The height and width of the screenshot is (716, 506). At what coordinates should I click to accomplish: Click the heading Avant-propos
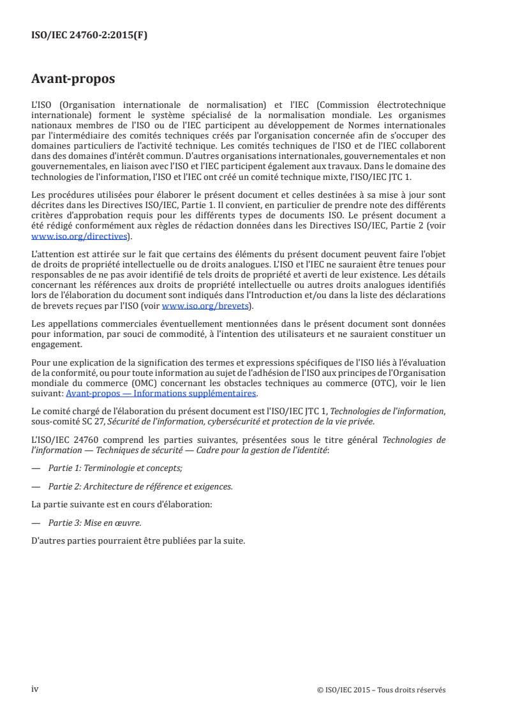[x=73, y=80]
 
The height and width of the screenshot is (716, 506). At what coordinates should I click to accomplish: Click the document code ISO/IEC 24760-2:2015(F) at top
[x=89, y=36]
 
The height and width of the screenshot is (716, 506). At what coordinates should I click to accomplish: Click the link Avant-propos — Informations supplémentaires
[x=161, y=394]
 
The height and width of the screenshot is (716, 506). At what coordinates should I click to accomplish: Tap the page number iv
[x=35, y=689]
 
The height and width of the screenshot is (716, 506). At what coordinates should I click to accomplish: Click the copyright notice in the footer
[x=381, y=690]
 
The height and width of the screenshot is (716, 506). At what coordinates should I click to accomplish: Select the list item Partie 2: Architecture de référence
[x=140, y=486]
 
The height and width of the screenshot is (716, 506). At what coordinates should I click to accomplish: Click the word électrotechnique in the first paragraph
[x=418, y=104]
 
